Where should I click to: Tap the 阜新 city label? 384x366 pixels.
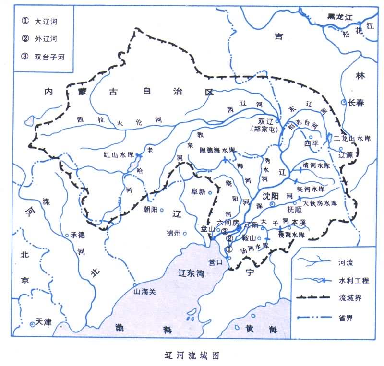tap(198, 191)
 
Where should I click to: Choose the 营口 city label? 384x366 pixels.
tap(216, 262)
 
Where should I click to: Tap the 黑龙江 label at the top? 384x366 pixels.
tap(337, 17)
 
